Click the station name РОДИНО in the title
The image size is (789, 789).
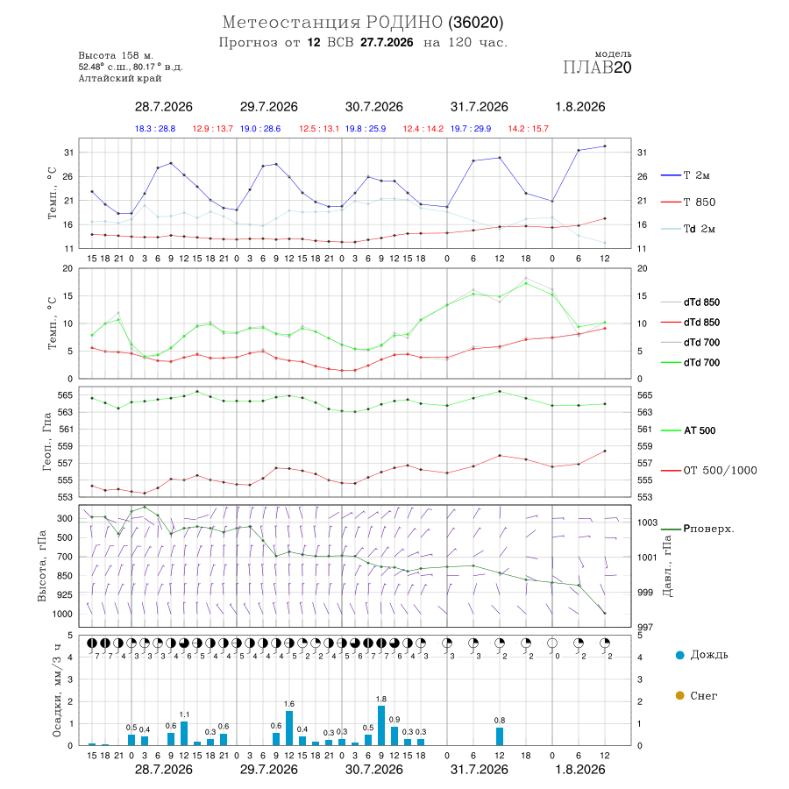point(404,22)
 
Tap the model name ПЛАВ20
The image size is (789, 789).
point(597,68)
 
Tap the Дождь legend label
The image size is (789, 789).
point(709,655)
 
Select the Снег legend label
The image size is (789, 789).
point(703,695)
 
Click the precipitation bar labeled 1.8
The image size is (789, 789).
point(381,725)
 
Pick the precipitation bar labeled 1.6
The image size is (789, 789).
point(289,728)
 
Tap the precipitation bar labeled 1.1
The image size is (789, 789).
point(184,733)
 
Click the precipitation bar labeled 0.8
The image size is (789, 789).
point(500,736)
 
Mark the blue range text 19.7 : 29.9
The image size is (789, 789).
point(471,129)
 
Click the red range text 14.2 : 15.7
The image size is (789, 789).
point(528,129)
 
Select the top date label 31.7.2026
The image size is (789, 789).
point(479,107)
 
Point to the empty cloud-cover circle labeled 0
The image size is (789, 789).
point(552,643)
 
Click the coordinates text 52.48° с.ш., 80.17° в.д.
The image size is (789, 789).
point(131,67)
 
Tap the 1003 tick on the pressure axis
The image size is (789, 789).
point(647,522)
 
